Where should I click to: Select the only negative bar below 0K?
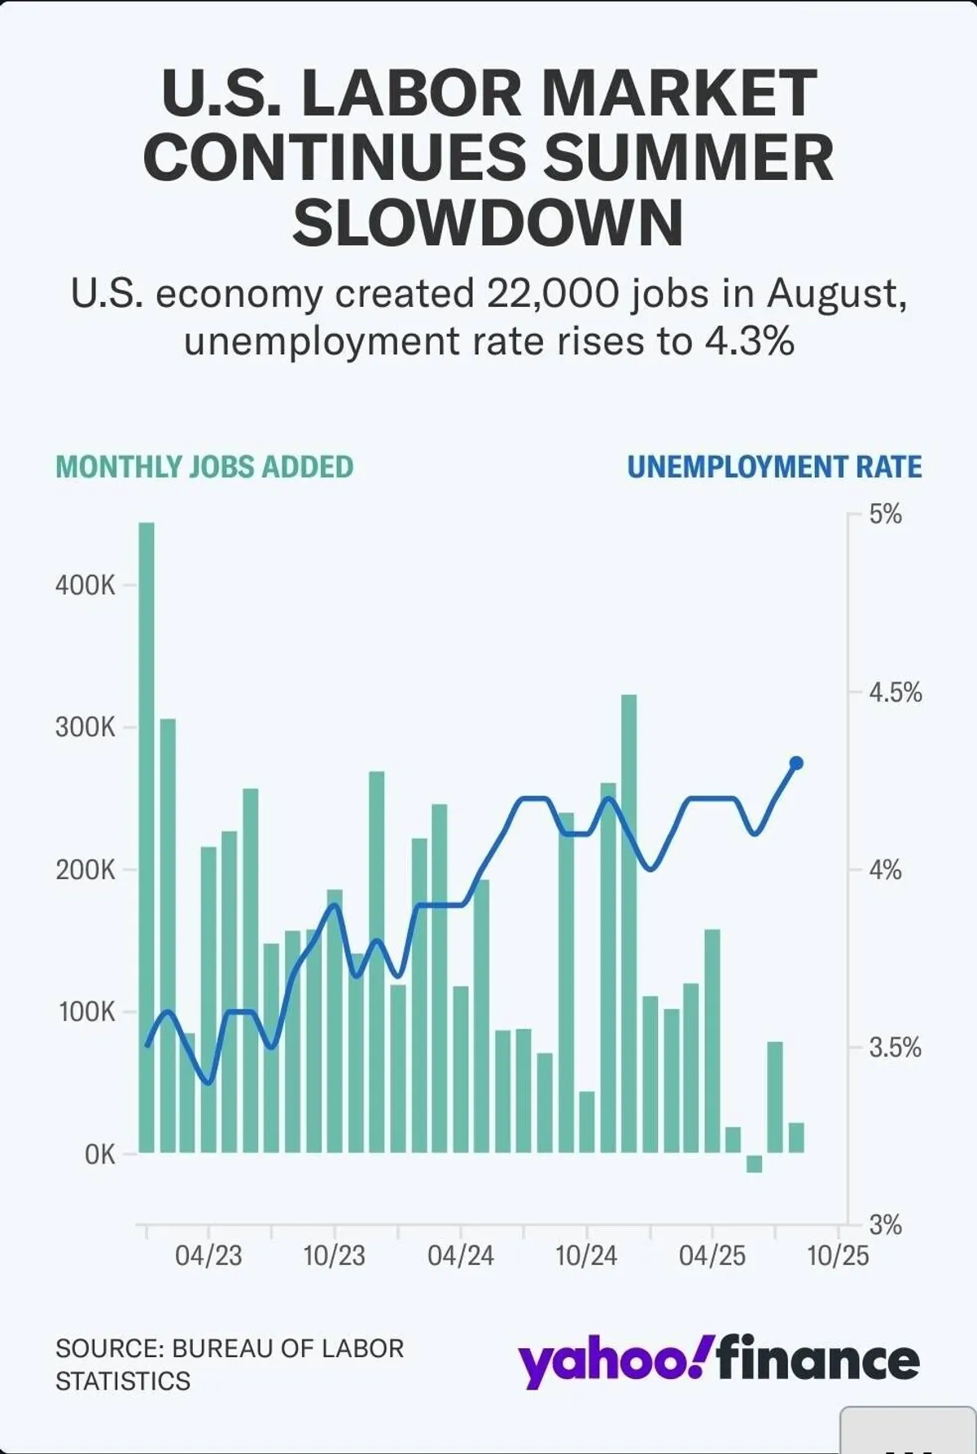coord(754,1163)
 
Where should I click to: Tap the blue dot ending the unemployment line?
coord(796,763)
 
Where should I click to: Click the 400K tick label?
coord(85,585)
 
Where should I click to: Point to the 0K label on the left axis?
coord(99,1154)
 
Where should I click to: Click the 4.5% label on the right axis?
coord(895,693)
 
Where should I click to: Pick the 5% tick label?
coord(885,514)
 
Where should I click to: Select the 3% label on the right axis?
coord(885,1224)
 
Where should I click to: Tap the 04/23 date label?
coord(208,1255)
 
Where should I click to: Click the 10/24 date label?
coord(586,1255)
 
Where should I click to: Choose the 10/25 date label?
coord(838,1255)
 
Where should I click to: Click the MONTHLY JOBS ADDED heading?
coord(204,467)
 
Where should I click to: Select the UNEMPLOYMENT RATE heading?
coord(774,467)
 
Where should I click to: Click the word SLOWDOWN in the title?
coord(488,223)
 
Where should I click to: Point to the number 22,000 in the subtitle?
coord(553,293)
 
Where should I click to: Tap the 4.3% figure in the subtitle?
coord(749,341)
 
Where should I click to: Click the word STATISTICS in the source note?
coord(123,1381)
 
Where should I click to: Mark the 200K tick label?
coord(85,869)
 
